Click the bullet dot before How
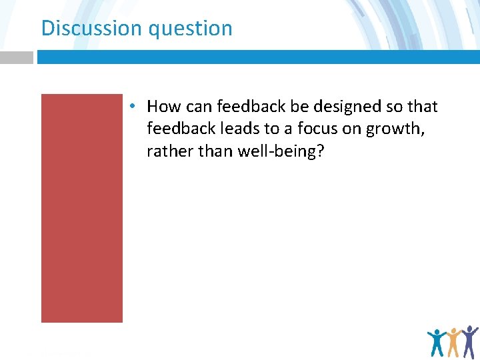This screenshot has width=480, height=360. [x=134, y=106]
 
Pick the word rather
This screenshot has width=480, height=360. [x=168, y=151]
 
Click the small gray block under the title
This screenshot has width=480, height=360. [x=16, y=57]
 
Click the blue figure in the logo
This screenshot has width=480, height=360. [x=437, y=343]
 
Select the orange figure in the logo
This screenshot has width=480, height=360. [x=455, y=342]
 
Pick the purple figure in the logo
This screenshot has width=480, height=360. [x=470, y=341]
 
